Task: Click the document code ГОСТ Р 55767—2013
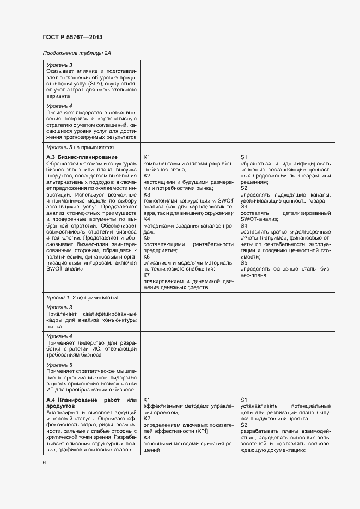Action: [x=72, y=37]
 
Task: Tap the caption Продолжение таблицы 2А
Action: [x=77, y=53]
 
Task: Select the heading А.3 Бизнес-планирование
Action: [x=82, y=157]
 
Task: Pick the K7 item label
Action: [x=147, y=275]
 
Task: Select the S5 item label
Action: [x=244, y=262]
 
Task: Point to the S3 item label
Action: [x=244, y=206]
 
